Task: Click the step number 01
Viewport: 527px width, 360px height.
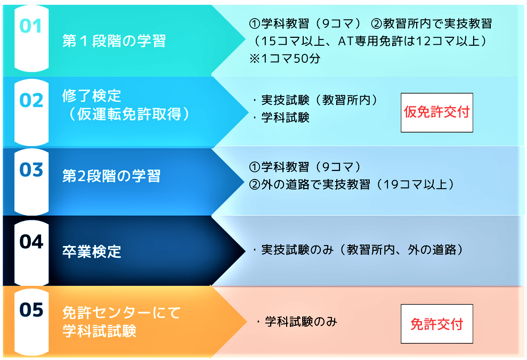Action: [30, 26]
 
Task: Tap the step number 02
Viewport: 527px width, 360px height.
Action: [31, 101]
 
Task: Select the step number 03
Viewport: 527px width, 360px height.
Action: [31, 169]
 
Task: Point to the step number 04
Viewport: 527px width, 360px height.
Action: [31, 242]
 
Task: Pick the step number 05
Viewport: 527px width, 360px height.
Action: [31, 309]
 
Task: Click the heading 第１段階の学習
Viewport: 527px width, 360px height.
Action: [114, 41]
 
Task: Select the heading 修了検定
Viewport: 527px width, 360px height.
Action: [92, 96]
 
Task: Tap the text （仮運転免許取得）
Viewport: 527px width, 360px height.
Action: [129, 114]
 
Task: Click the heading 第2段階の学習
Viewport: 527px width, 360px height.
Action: [111, 176]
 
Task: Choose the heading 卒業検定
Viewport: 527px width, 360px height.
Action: [92, 251]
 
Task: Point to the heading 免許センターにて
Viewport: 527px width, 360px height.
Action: [121, 313]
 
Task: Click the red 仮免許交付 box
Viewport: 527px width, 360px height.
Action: [436, 112]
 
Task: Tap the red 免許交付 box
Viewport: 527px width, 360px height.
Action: [436, 324]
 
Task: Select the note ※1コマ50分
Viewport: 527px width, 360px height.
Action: [285, 59]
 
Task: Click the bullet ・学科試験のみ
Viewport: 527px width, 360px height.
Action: [296, 322]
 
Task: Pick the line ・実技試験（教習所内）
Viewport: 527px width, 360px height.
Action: [315, 100]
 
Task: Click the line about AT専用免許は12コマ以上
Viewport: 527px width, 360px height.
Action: [369, 41]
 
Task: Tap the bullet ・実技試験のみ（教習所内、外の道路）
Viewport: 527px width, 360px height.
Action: [358, 250]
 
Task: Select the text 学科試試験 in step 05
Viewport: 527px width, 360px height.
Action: [99, 331]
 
